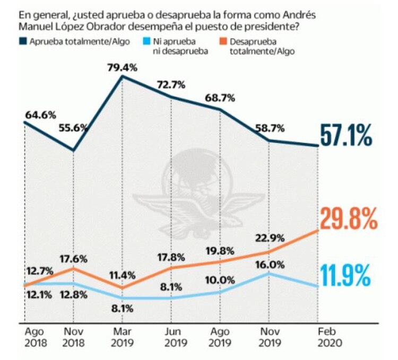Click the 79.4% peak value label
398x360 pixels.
click(x=123, y=67)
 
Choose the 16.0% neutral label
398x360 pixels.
click(x=270, y=265)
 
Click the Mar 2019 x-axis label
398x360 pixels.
click(x=122, y=337)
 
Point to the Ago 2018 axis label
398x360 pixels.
click(x=36, y=337)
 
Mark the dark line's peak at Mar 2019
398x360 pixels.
click(x=123, y=76)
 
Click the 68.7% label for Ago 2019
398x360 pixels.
click(x=220, y=99)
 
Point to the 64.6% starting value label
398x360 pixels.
click(x=40, y=114)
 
